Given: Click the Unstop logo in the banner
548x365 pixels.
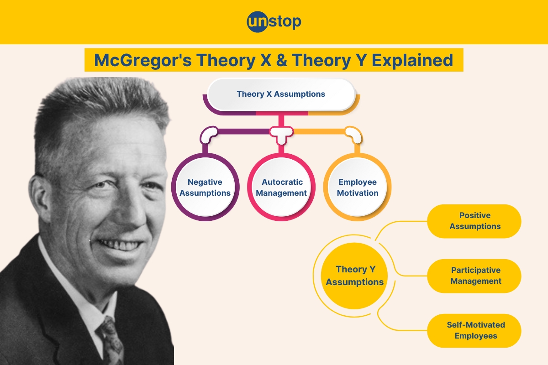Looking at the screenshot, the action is pyautogui.click(x=274, y=22).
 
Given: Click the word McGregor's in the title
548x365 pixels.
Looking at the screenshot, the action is pyautogui.click(x=143, y=60).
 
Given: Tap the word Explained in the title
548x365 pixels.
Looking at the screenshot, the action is pyautogui.click(x=412, y=60).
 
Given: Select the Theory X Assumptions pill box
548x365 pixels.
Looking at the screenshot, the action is pyautogui.click(x=281, y=94).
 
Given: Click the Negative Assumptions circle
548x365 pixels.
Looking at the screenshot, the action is pyautogui.click(x=205, y=187).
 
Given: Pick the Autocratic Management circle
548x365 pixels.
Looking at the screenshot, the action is pyautogui.click(x=281, y=187).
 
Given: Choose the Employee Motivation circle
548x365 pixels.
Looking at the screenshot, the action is pyautogui.click(x=358, y=187).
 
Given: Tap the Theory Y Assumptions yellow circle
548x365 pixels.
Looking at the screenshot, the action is pyautogui.click(x=354, y=276).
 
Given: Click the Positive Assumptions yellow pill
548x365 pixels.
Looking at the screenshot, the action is pyautogui.click(x=474, y=221).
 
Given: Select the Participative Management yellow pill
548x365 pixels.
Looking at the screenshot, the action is pyautogui.click(x=474, y=276).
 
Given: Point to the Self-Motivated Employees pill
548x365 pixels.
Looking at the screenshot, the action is pyautogui.click(x=474, y=331).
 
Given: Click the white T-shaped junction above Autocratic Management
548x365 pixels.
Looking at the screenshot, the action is pyautogui.click(x=281, y=133).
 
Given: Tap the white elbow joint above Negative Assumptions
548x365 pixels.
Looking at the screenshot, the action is pyautogui.click(x=208, y=135).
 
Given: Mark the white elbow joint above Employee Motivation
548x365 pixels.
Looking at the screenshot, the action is pyautogui.click(x=354, y=135).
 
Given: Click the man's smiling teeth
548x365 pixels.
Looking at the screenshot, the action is pyautogui.click(x=120, y=245).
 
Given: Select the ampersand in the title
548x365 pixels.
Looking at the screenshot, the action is pyautogui.click(x=282, y=60).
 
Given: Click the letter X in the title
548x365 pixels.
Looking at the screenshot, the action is pyautogui.click(x=266, y=60).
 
